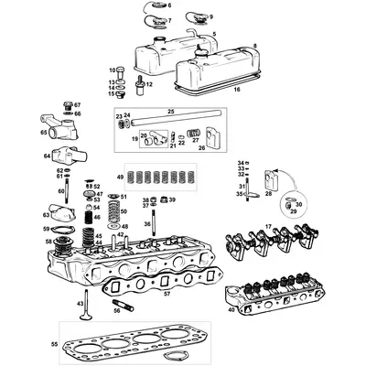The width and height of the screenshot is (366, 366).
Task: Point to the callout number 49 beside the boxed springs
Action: [x=119, y=176]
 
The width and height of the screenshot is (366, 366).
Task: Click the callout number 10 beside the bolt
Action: [x=112, y=70]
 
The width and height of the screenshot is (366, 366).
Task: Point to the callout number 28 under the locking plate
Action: [x=269, y=195]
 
